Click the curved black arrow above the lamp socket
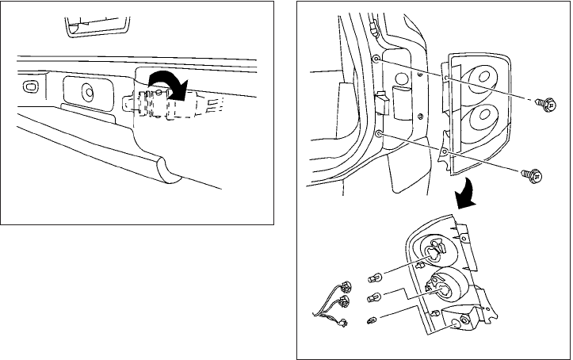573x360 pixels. click(168, 81)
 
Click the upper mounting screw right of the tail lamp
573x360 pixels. click(544, 102)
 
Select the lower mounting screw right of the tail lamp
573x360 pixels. click(532, 175)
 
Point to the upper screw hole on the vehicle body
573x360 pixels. click(376, 60)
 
